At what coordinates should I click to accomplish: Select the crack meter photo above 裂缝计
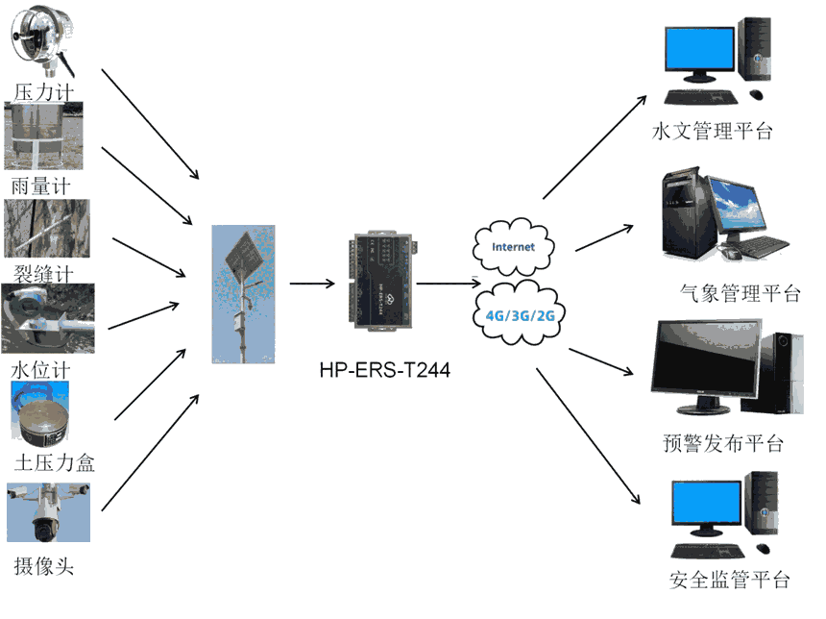pyautogui.click(x=47, y=229)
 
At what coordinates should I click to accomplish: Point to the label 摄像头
pyautogui.click(x=44, y=566)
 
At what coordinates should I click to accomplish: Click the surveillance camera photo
pyautogui.click(x=48, y=513)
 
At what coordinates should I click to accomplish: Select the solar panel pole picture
pyautogui.click(x=243, y=293)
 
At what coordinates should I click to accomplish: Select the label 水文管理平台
pyautogui.click(x=712, y=131)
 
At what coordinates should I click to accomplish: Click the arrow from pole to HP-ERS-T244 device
pyautogui.click(x=312, y=285)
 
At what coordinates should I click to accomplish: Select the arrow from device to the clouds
pyautogui.click(x=445, y=285)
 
